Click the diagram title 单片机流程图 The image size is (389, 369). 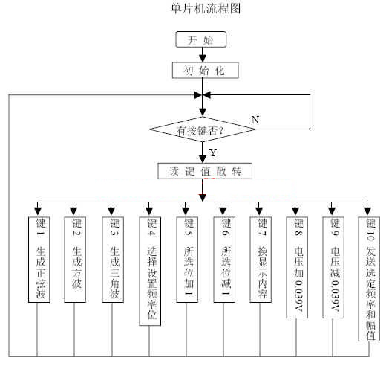click(x=206, y=8)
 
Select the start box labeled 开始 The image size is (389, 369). click(x=201, y=39)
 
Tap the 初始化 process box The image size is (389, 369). click(x=206, y=71)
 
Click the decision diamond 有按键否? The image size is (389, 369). click(x=203, y=129)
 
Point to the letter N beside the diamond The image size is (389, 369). click(x=255, y=120)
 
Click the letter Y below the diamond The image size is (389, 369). click(x=213, y=153)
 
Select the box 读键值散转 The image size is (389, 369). click(x=205, y=171)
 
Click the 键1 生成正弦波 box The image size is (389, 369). click(x=39, y=260)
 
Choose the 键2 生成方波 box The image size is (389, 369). click(x=75, y=260)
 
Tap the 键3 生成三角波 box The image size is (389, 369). click(x=113, y=260)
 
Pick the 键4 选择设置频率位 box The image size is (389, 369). click(x=150, y=271)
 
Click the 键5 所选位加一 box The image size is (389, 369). click(x=187, y=260)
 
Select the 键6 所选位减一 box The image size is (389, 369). click(x=224, y=260)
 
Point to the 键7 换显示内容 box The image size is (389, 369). click(x=261, y=260)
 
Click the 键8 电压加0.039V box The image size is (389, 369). click(x=297, y=267)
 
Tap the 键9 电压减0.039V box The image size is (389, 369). click(x=333, y=267)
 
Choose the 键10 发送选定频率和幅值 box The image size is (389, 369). click(x=369, y=279)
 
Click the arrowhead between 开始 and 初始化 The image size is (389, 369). click(x=203, y=58)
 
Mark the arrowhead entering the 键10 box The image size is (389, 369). click(x=367, y=211)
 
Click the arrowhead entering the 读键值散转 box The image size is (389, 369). click(x=203, y=159)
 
